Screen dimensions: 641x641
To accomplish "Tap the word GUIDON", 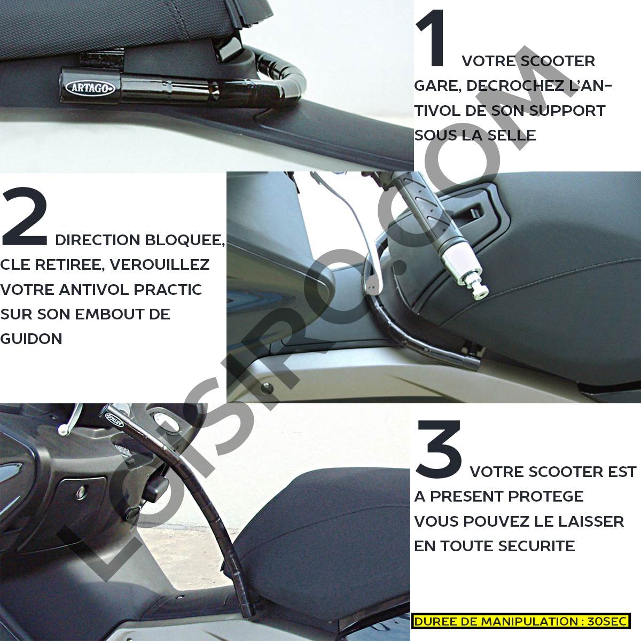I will point(31,339).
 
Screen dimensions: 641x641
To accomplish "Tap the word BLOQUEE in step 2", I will point(185,240).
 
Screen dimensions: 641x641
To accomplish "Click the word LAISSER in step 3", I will point(592,521).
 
